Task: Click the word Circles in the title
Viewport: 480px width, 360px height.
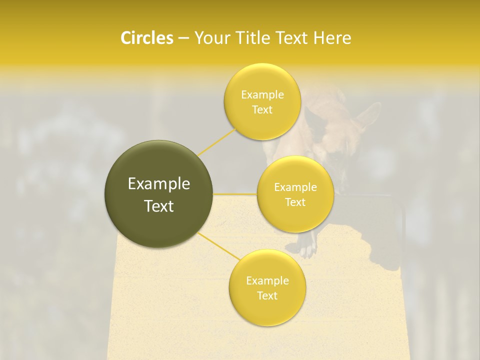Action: point(147,38)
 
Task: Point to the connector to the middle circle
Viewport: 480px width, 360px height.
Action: point(235,194)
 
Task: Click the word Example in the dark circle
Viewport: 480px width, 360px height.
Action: point(159,184)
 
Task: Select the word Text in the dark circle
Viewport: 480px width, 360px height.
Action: point(159,206)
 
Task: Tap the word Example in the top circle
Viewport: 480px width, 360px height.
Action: point(262,94)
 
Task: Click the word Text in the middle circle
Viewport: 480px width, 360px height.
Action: point(295,202)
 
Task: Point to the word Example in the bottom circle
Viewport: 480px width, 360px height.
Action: point(267,280)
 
